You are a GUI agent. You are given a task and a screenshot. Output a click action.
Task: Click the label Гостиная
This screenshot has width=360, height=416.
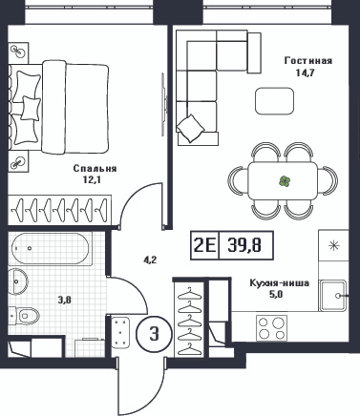pyautogui.click(x=308, y=60)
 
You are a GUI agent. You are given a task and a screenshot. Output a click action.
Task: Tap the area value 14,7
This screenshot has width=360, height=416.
pyautogui.click(x=305, y=73)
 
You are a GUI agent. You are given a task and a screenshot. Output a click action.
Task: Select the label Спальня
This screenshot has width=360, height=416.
pyautogui.click(x=95, y=168)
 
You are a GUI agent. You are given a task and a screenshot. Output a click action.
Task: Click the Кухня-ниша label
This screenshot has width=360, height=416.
pyautogui.click(x=280, y=282)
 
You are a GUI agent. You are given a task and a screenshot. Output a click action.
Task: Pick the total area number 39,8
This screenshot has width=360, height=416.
pyautogui.click(x=244, y=245)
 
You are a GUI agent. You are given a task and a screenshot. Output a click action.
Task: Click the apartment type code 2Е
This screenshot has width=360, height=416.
pyautogui.click(x=205, y=245)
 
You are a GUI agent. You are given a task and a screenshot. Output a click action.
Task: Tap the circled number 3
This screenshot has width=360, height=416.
pyautogui.click(x=154, y=334)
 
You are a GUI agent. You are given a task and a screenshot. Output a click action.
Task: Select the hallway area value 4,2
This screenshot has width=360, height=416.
pyautogui.click(x=149, y=261)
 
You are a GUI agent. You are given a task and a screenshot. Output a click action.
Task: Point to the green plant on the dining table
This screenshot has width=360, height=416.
pyautogui.click(x=285, y=181)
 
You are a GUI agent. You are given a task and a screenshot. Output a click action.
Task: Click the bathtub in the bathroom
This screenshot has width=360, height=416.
pyautogui.click(x=51, y=249)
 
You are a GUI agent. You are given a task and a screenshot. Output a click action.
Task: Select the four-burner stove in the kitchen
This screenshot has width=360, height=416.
pyautogui.click(x=271, y=328)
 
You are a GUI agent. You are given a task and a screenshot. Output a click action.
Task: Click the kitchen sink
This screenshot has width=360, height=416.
pyautogui.click(x=333, y=296)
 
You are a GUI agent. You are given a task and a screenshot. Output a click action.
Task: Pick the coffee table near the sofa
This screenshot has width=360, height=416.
pyautogui.click(x=274, y=101)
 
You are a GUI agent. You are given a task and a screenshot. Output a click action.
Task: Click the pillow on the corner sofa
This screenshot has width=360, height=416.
pyautogui.click(x=191, y=128)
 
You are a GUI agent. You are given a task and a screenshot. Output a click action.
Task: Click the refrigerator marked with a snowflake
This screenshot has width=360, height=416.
pyautogui.click(x=333, y=245)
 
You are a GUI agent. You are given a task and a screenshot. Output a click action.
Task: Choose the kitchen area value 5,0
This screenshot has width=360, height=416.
pyautogui.click(x=276, y=295)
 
